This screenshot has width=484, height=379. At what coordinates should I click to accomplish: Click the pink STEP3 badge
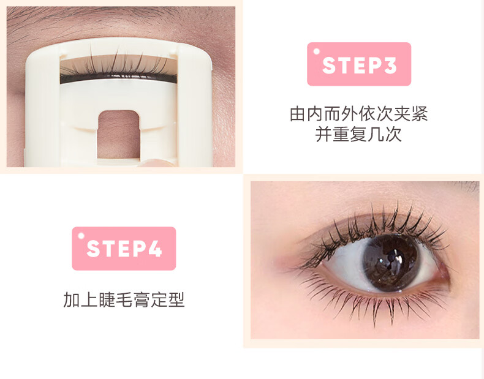(x=359, y=64)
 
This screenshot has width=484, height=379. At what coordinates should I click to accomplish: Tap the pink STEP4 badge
(x=124, y=249)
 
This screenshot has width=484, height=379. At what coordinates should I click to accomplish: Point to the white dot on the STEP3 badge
(x=316, y=51)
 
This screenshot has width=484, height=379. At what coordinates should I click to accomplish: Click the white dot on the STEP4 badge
(x=81, y=236)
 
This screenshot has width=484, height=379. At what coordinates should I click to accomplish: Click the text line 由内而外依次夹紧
(x=358, y=114)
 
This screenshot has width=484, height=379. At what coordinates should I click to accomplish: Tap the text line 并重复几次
(x=358, y=134)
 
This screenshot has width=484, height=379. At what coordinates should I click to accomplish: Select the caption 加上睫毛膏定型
(x=124, y=300)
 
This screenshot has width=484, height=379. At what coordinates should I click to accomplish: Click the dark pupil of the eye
(x=390, y=263)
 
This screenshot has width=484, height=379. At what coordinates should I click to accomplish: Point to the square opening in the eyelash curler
(x=118, y=135)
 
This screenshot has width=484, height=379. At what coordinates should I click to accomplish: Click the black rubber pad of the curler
(x=118, y=79)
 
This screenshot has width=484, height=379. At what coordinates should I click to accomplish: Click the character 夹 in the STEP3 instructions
(x=402, y=114)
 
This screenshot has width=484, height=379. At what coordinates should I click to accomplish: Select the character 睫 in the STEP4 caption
(x=107, y=300)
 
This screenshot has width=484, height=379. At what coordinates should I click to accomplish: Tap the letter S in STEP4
(x=94, y=249)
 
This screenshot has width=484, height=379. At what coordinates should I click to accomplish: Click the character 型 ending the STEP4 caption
(x=176, y=300)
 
